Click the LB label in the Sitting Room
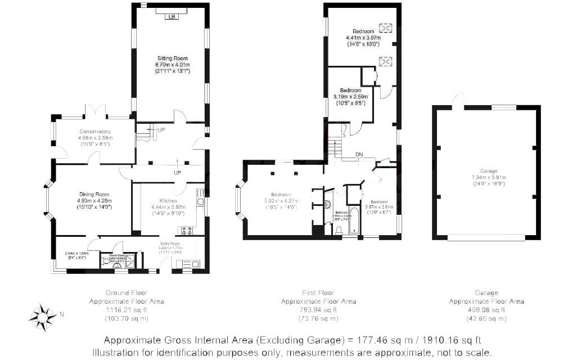coord(171,16)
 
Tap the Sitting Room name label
coord(172,58)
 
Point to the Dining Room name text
coord(94,194)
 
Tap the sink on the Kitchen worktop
coord(200,196)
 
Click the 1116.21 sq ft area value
coord(127,309)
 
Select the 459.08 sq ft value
coord(486,309)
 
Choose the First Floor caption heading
coord(318,292)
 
